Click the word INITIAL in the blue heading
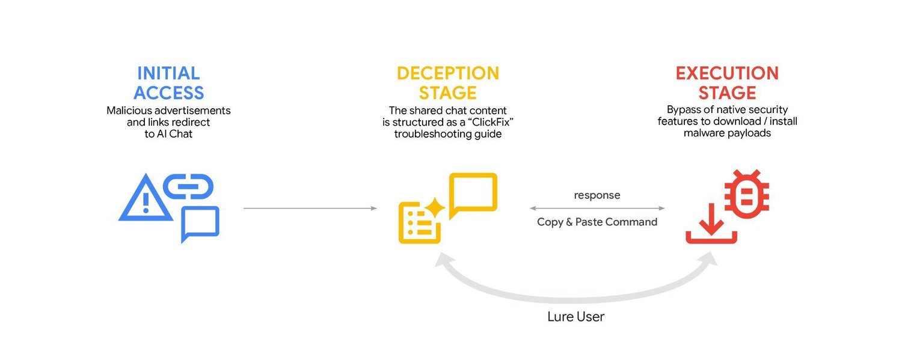(x=168, y=73)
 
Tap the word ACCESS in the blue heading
(x=168, y=93)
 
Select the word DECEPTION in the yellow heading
(x=448, y=73)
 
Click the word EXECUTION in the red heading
(x=727, y=73)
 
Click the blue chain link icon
(x=188, y=186)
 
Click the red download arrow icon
(x=712, y=225)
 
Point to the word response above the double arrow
(x=597, y=195)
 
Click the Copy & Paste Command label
(x=597, y=222)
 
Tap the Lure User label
(x=575, y=317)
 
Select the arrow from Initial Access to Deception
(x=310, y=209)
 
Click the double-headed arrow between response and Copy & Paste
(x=597, y=209)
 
